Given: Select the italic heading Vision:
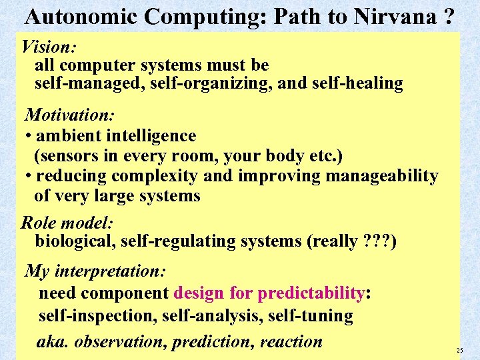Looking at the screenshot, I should coord(49,47).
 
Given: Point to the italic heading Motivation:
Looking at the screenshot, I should coord(69,115).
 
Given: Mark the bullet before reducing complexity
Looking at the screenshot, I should coord(29,177).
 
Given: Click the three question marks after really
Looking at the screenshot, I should coord(377,241).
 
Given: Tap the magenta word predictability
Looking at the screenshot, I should coord(311,293).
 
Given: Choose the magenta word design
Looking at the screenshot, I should coord(199,293).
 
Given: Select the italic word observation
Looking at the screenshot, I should coord(120,342).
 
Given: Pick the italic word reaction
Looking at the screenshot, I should coord(291,342).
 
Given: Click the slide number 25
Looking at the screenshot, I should coord(459,351).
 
